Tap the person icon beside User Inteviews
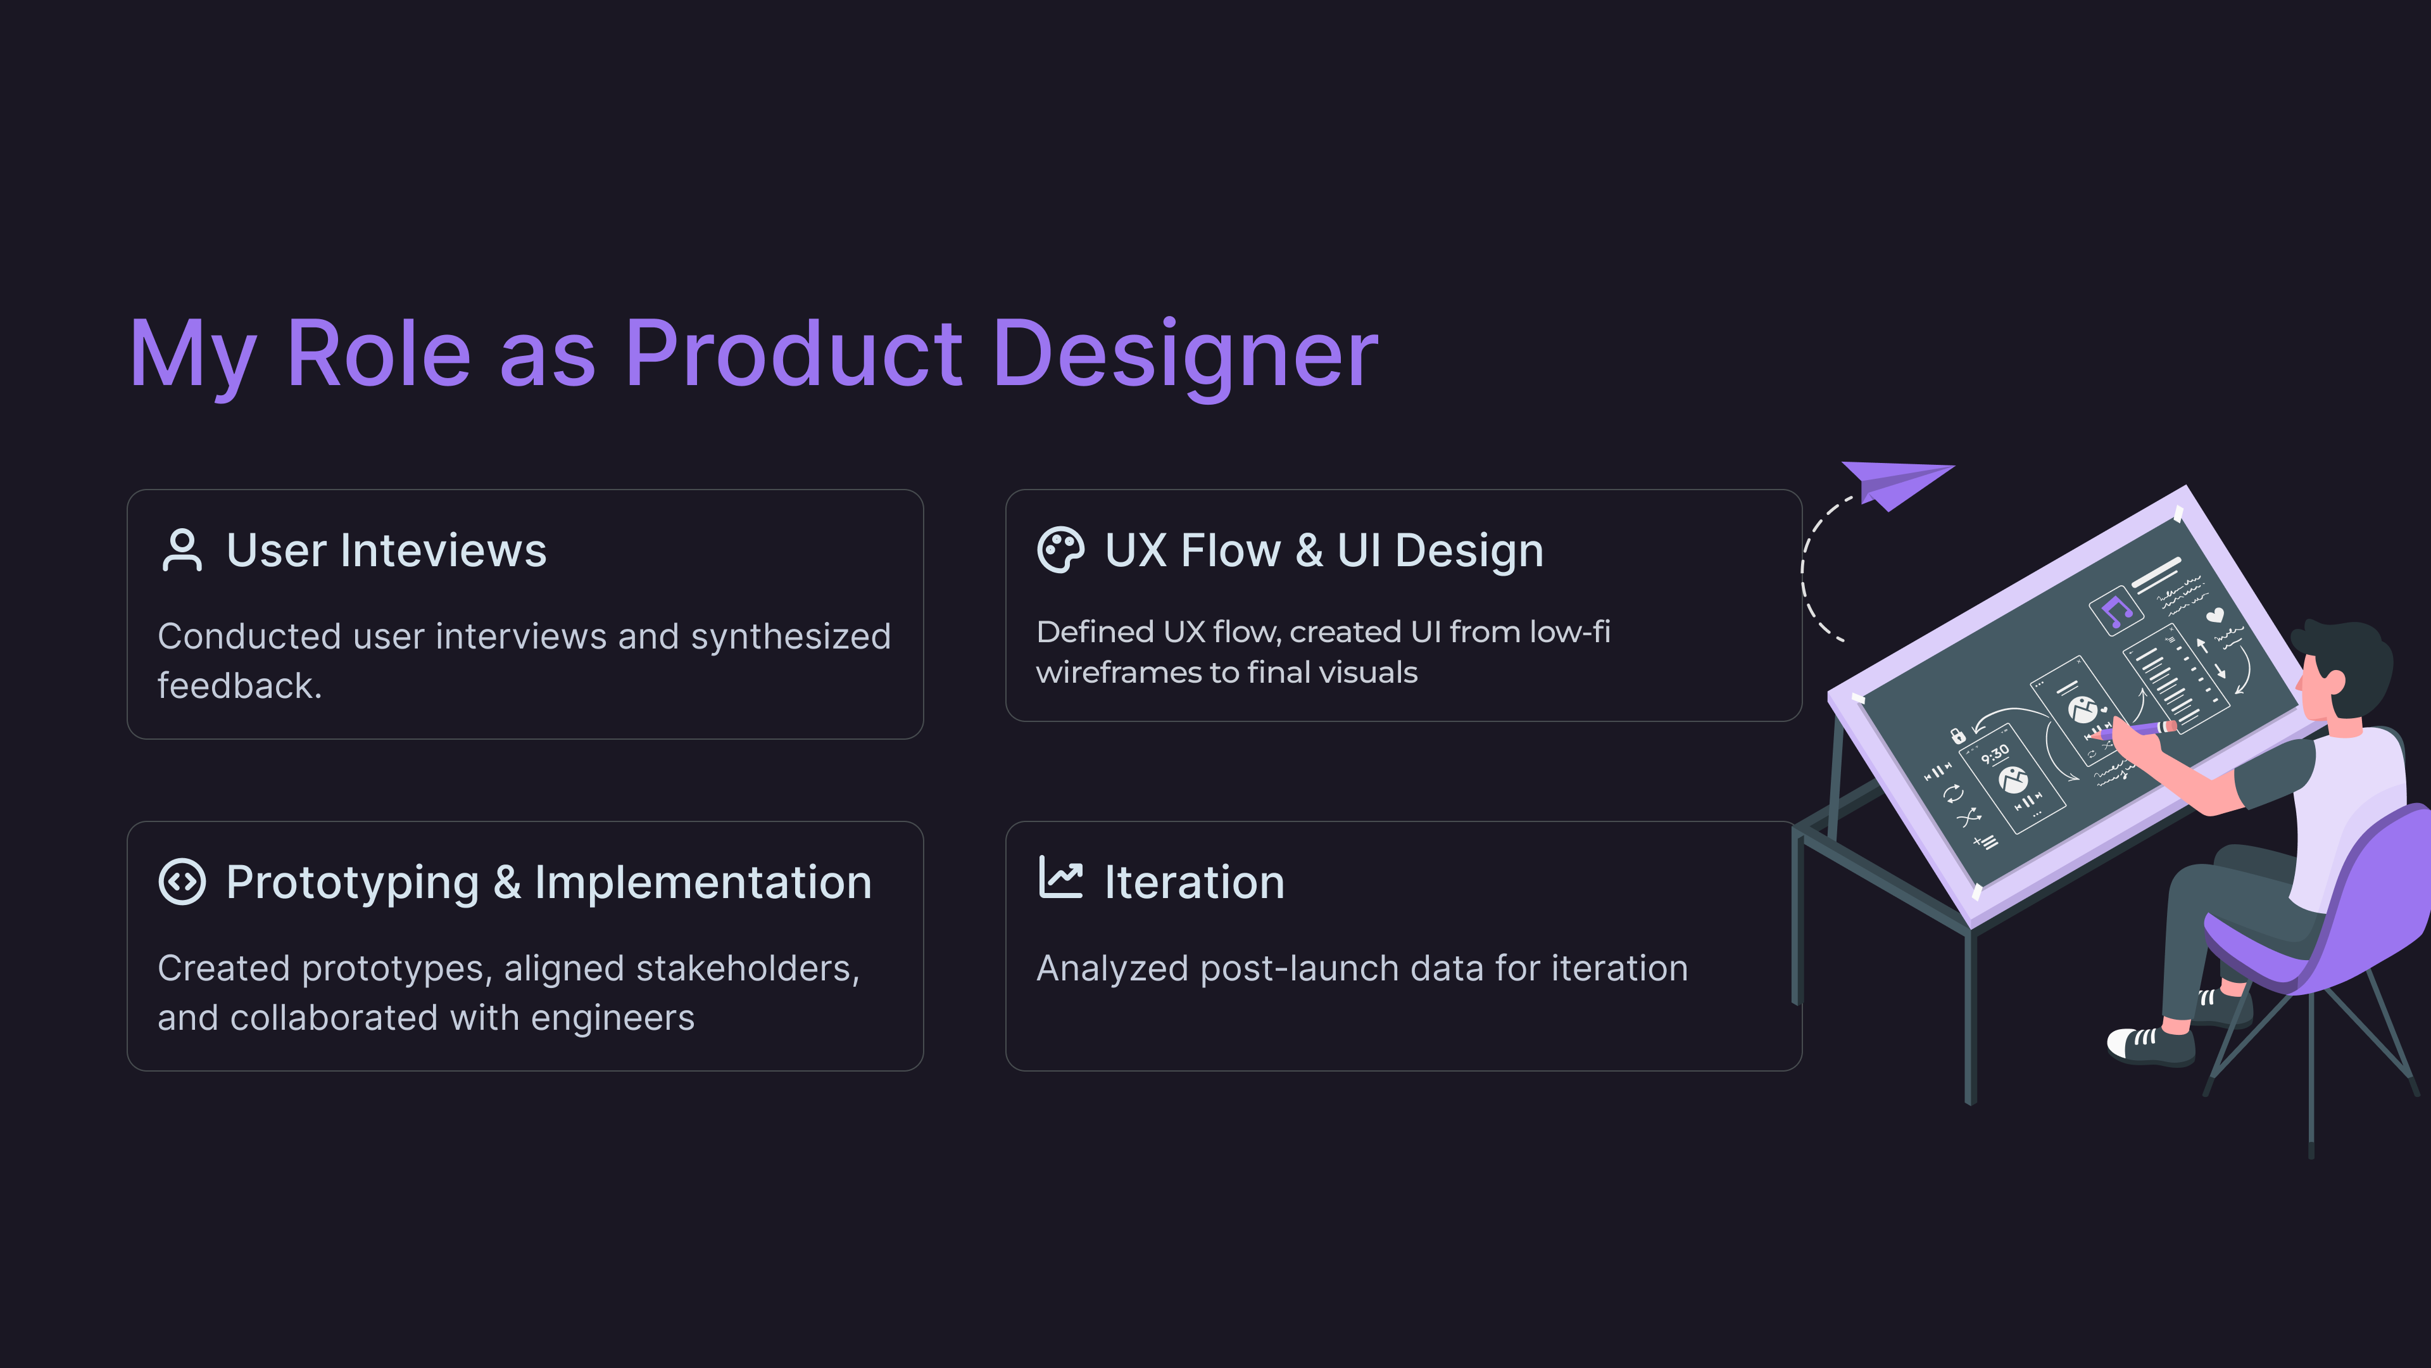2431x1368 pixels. (182, 550)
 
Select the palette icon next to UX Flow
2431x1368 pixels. (1061, 550)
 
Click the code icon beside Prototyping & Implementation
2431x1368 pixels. (182, 882)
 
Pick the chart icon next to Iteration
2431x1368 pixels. (1061, 877)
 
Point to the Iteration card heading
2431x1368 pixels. (1195, 883)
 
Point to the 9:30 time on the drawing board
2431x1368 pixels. (1995, 754)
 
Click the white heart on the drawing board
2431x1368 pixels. (2214, 616)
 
